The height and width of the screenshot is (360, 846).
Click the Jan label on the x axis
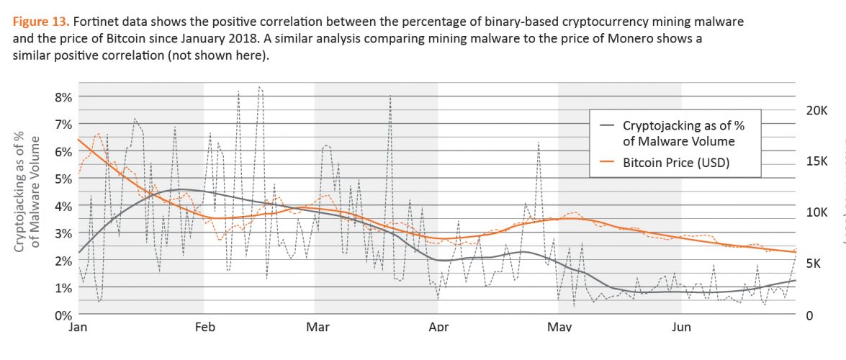click(78, 328)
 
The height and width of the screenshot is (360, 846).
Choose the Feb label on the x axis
click(204, 328)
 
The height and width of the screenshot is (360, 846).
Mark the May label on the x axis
click(559, 328)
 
